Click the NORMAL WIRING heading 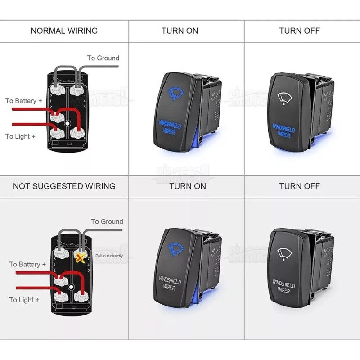tap(64, 31)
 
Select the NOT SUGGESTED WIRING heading tap(64, 186)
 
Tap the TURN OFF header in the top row tap(299, 31)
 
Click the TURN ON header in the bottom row tap(188, 186)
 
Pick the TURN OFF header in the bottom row tap(299, 186)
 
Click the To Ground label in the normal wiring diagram tap(103, 58)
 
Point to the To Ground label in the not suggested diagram tap(107, 221)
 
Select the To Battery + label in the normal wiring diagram tap(24, 101)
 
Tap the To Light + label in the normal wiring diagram tap(20, 136)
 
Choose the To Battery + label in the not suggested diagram tap(27, 264)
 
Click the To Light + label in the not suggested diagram tap(24, 300)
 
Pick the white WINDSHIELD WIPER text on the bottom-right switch tap(283, 288)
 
